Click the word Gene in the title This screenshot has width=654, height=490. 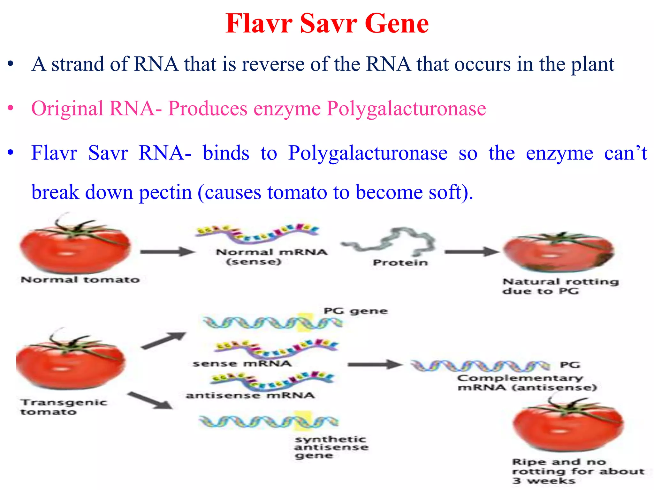[x=397, y=24]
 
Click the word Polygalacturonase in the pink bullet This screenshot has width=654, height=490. [x=406, y=109]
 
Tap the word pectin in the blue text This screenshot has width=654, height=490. [x=165, y=192]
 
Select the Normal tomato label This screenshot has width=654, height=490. [x=80, y=280]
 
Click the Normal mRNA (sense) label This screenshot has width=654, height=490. [x=271, y=256]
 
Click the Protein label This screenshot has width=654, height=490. [x=400, y=263]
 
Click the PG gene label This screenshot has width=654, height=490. [x=355, y=311]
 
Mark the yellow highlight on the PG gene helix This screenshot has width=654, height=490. [x=304, y=323]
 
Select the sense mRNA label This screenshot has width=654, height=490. [x=242, y=363]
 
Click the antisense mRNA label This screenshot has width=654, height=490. [x=250, y=395]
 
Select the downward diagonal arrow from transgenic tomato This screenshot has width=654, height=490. [x=150, y=401]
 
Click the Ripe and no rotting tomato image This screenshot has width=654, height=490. [x=567, y=426]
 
